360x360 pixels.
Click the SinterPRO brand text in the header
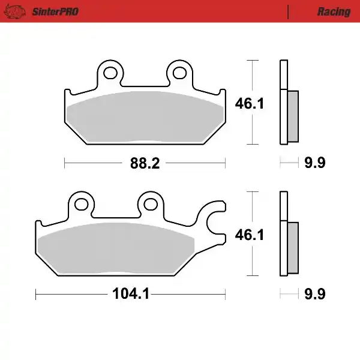click(54, 12)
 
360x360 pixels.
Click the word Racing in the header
click(334, 12)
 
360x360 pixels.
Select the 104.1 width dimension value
click(130, 295)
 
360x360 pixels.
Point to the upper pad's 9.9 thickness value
click(314, 163)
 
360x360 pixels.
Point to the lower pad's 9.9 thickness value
click(314, 295)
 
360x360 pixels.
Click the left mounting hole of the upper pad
click(110, 73)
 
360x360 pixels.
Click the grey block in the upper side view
click(293, 116)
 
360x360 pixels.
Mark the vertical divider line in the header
click(289, 12)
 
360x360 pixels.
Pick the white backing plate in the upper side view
click(283, 102)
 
